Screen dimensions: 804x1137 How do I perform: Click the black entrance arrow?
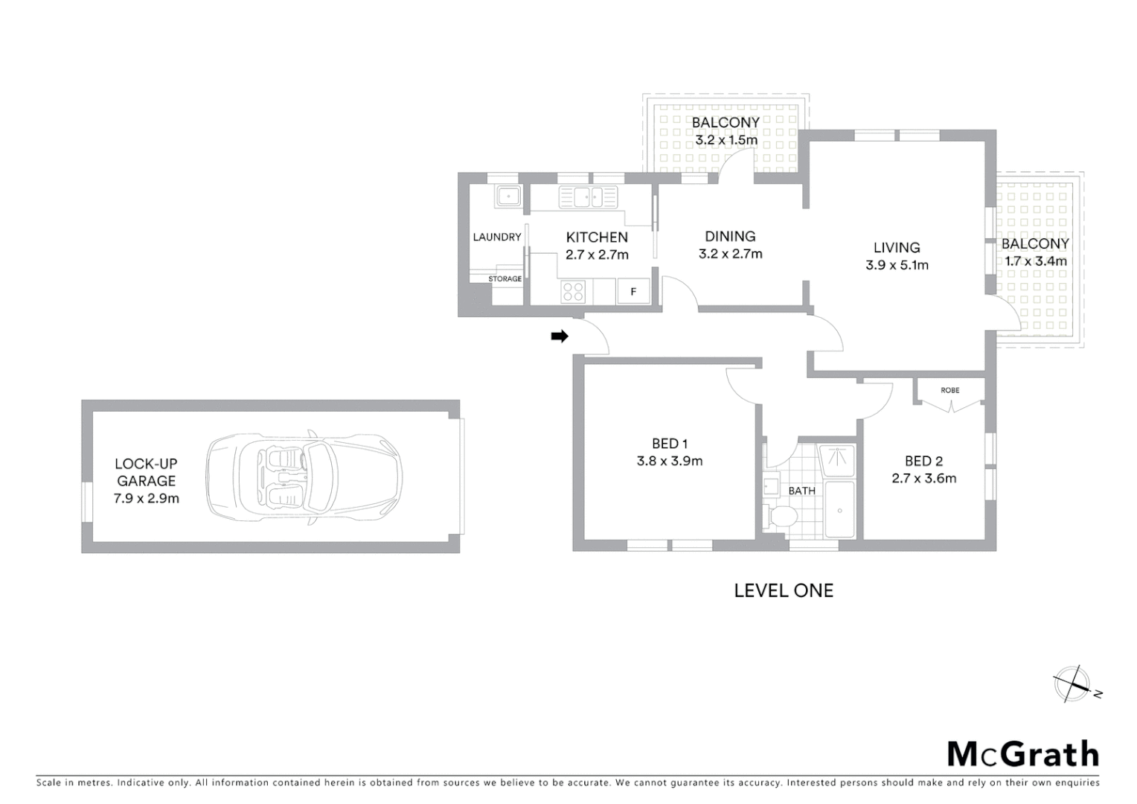pos(559,336)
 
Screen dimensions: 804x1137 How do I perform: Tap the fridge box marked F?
pos(633,292)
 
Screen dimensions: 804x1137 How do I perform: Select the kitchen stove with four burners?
pos(573,291)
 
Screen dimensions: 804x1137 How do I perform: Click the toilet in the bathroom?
pos(781,516)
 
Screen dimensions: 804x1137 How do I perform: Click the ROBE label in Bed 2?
pos(949,390)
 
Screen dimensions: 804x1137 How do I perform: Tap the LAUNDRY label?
pos(497,237)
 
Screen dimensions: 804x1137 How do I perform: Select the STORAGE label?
pos(505,279)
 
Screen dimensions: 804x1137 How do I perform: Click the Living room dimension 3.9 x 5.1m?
pos(897,265)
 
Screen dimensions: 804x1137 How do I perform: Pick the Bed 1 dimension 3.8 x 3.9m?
pos(669,461)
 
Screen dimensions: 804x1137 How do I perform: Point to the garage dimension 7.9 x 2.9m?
pos(146,499)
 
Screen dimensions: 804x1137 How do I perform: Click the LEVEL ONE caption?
pos(784,590)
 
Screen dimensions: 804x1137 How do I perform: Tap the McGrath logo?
pos(1022,754)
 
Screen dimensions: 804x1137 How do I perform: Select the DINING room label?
pos(730,237)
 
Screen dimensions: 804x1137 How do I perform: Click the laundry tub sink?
pos(508,197)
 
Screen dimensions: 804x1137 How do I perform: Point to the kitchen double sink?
pos(588,197)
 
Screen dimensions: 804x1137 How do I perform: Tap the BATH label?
pos(801,491)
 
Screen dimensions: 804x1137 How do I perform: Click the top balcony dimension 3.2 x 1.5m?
pos(726,140)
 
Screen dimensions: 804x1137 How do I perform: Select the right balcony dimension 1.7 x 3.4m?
pos(1035,261)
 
